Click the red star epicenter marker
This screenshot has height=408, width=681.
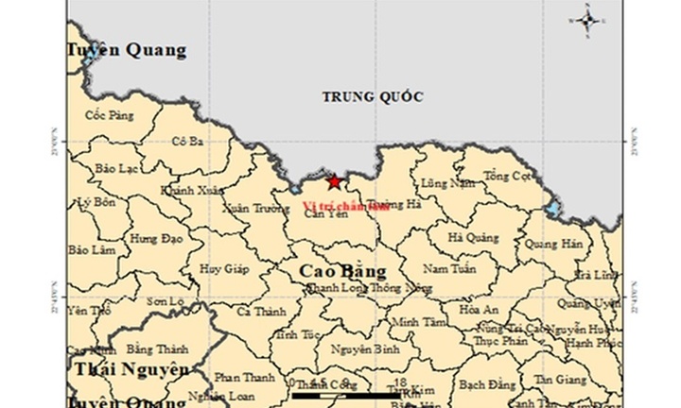[334, 182]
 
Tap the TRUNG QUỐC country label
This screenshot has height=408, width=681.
[372, 97]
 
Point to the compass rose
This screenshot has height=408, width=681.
[588, 20]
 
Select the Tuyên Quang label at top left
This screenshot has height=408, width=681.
[127, 50]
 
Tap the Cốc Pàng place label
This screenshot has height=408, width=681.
[110, 115]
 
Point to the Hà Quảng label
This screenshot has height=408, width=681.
[473, 238]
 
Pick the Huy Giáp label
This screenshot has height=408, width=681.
[224, 268]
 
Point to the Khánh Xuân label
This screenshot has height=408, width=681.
[187, 190]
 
